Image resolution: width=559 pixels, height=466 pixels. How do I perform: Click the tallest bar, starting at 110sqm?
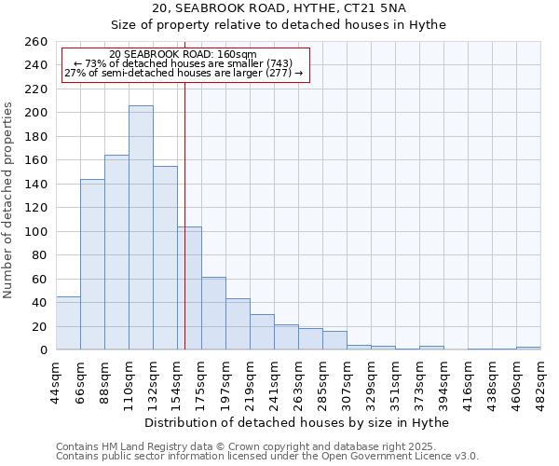[x=141, y=227]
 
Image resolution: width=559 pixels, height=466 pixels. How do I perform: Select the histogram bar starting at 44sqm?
[x=68, y=323]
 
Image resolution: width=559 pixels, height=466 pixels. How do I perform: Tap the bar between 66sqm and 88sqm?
[x=92, y=265]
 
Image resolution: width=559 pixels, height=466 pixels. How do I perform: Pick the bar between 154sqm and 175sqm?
[x=189, y=288]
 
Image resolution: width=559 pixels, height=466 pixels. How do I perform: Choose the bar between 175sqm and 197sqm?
[x=213, y=313]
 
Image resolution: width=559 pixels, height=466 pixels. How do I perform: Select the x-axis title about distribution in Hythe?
[x=298, y=422]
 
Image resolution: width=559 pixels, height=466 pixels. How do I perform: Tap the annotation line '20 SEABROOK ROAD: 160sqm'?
[x=183, y=54]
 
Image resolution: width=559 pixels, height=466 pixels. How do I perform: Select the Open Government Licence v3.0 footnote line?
[x=267, y=457]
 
